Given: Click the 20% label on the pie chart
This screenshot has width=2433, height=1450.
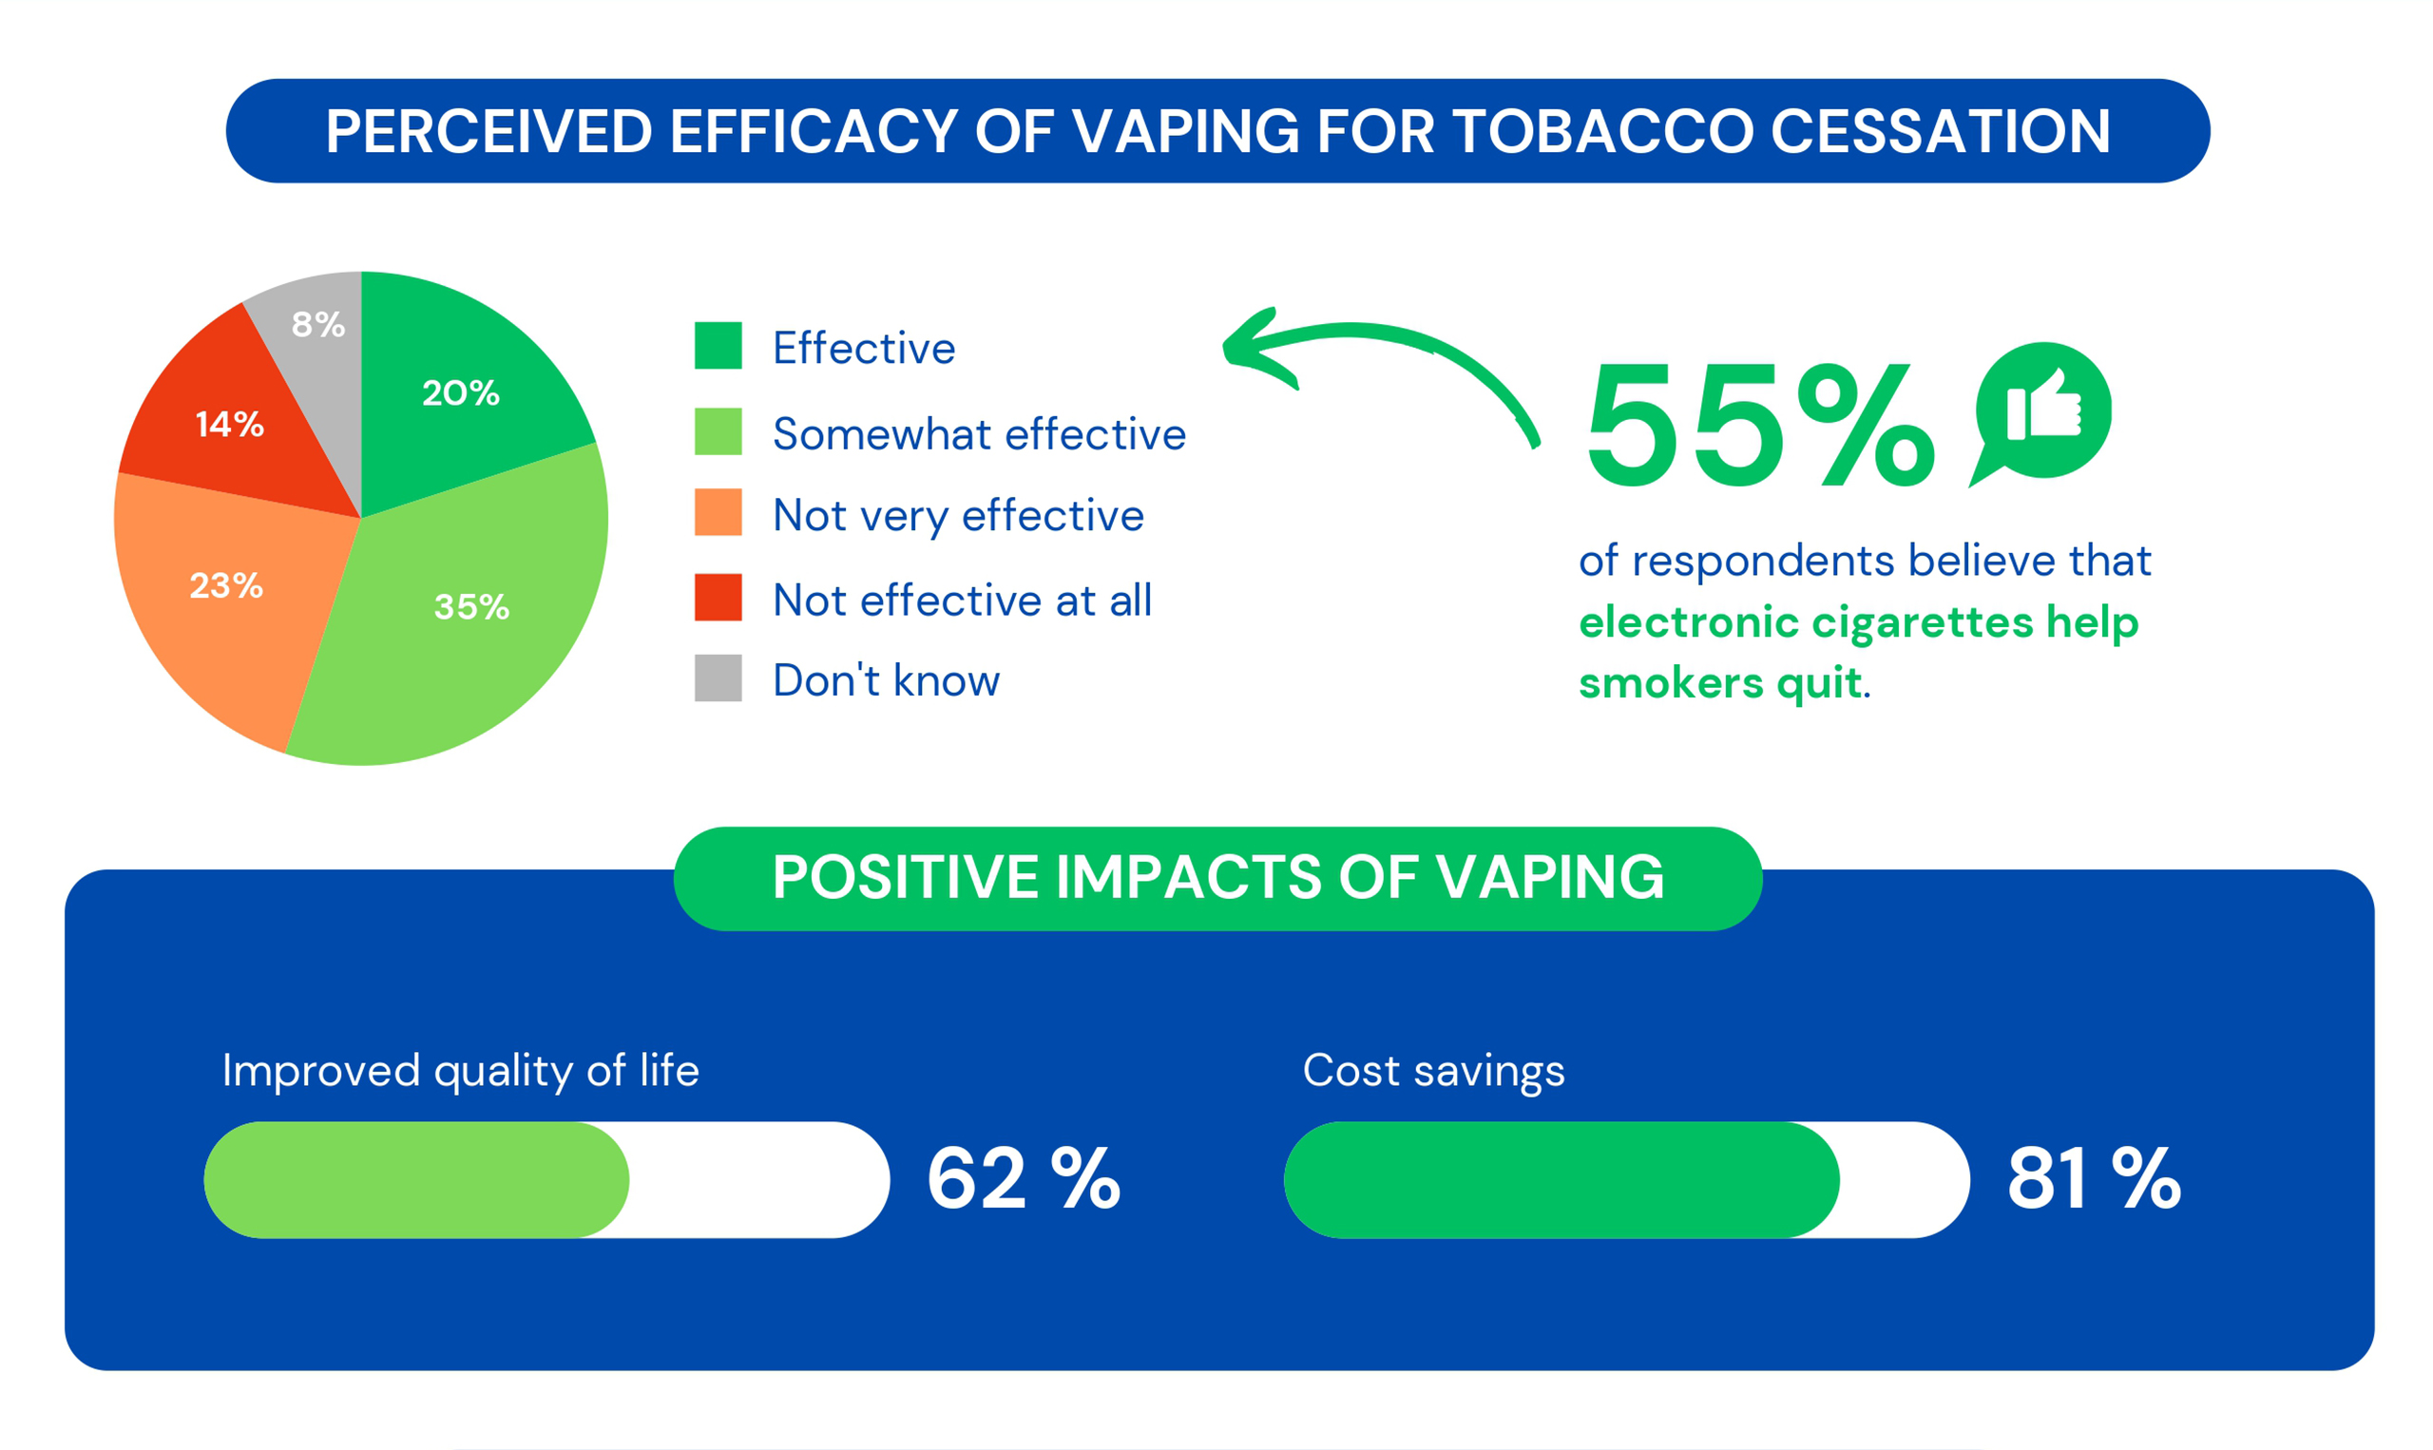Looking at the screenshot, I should pyautogui.click(x=460, y=392).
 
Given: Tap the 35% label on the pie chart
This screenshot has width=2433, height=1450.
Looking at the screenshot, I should pyautogui.click(x=471, y=607).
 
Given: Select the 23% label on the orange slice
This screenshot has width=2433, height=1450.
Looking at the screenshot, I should pyautogui.click(x=225, y=585).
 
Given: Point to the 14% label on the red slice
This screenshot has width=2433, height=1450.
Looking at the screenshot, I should pyautogui.click(x=230, y=424).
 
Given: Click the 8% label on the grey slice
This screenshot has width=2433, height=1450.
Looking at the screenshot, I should pyautogui.click(x=318, y=323).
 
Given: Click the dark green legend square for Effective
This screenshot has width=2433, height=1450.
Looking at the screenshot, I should pyautogui.click(x=718, y=346).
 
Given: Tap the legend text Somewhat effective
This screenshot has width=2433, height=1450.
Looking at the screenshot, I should pyautogui.click(x=979, y=434).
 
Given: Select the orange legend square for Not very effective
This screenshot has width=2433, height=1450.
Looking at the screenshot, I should pyautogui.click(x=718, y=513).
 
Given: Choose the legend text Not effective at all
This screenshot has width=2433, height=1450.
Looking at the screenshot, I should pyautogui.click(x=963, y=600).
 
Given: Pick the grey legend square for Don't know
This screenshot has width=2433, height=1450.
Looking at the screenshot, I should pyautogui.click(x=718, y=678).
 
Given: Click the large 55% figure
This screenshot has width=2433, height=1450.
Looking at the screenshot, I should pyautogui.click(x=1759, y=425).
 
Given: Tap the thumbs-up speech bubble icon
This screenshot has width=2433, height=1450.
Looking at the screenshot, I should pyautogui.click(x=2042, y=410).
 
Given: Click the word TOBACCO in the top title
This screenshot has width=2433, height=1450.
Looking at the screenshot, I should pyautogui.click(x=1602, y=131).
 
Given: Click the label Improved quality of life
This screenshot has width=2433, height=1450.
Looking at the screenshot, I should pyautogui.click(x=460, y=1071).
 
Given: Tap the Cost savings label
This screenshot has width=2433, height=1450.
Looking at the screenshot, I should pyautogui.click(x=1433, y=1071).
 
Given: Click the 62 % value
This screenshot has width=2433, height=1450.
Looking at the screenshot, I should pyautogui.click(x=1023, y=1178).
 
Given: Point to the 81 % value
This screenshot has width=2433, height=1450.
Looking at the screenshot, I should pyautogui.click(x=2093, y=1178).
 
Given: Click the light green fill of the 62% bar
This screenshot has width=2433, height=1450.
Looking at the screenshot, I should pyautogui.click(x=415, y=1179).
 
